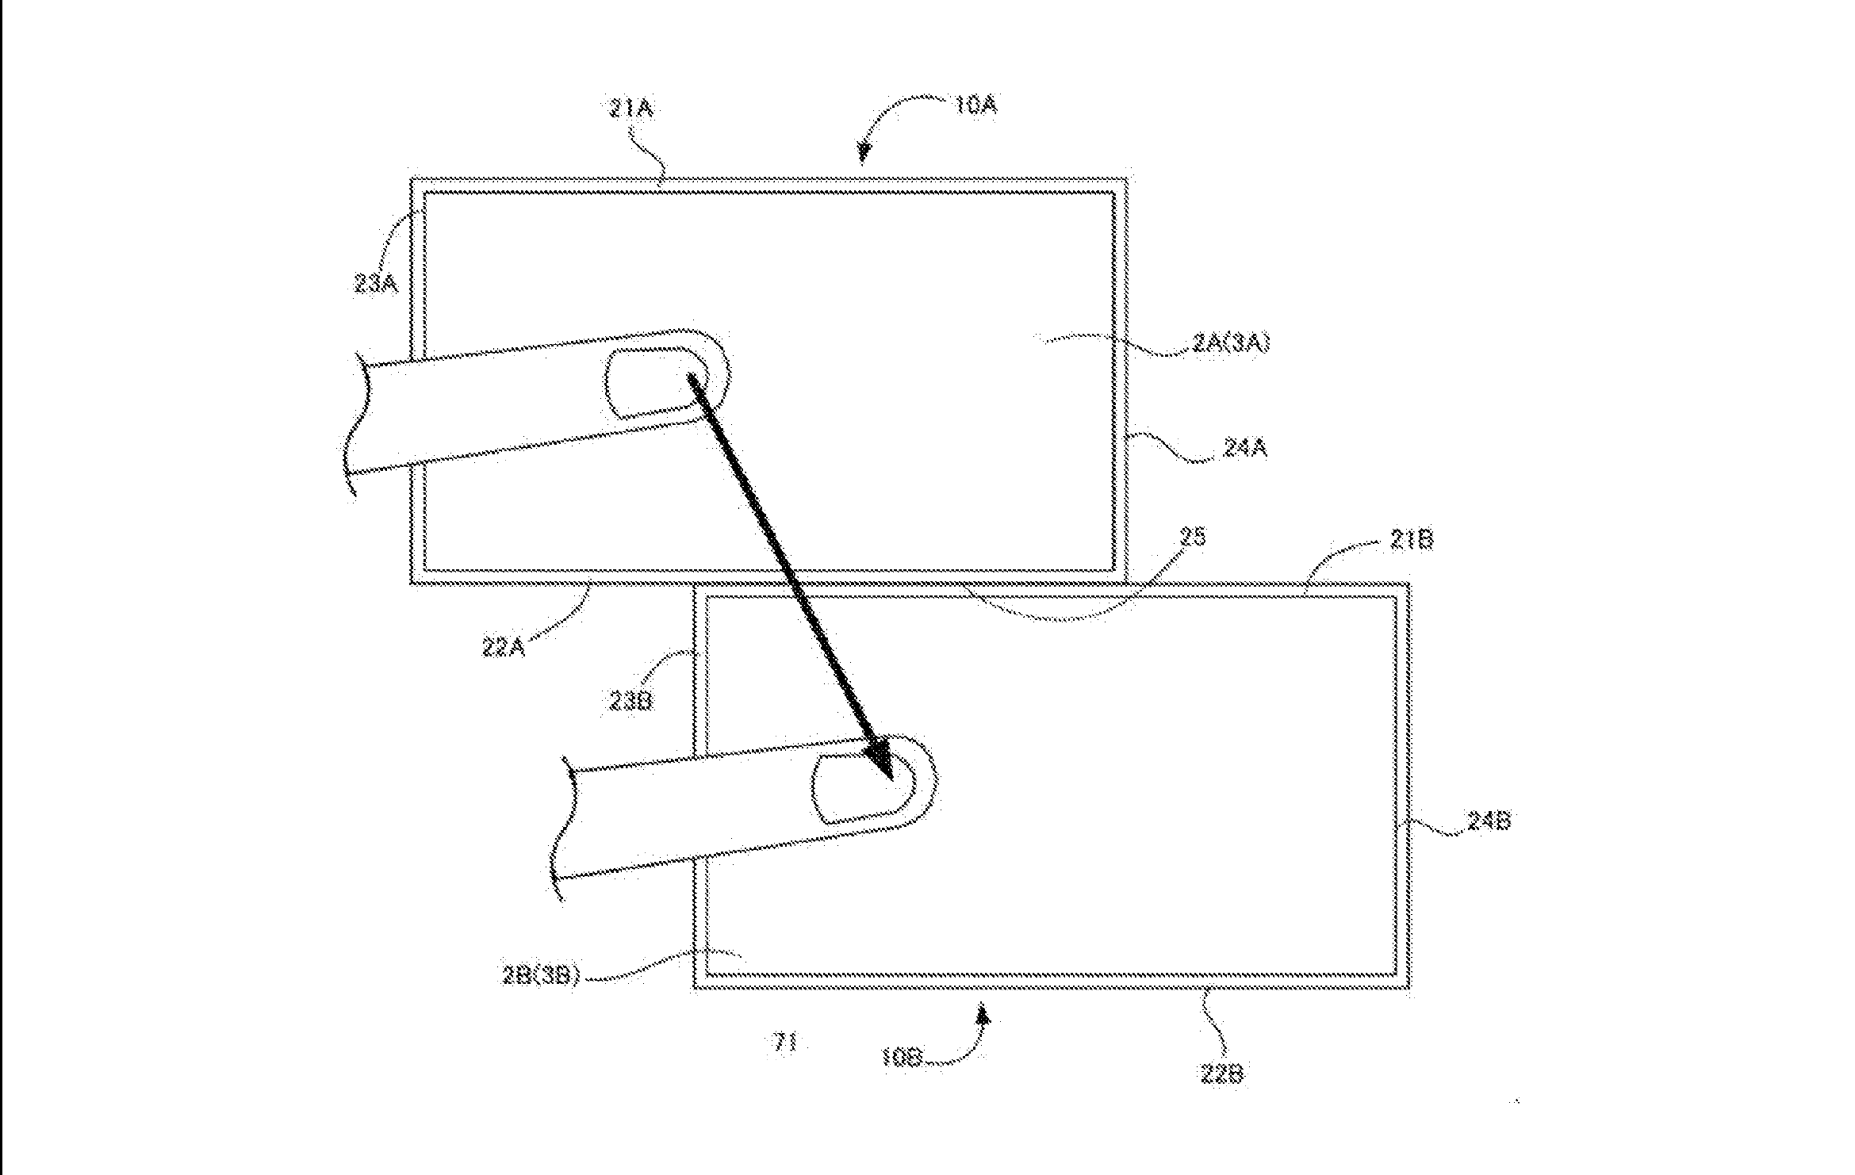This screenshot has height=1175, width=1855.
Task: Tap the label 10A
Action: click(x=974, y=105)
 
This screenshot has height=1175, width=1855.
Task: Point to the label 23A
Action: click(x=376, y=283)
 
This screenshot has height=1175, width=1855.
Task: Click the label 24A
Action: click(x=1244, y=449)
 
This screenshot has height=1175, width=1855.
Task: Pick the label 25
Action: click(x=1192, y=538)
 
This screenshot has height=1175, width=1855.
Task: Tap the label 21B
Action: click(x=1411, y=541)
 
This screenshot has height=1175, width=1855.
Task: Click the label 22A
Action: click(x=504, y=647)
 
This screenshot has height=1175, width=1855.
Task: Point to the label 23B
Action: click(x=631, y=701)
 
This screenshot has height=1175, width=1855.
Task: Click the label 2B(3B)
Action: click(x=542, y=975)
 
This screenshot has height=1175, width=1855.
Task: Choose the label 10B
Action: click(x=901, y=1058)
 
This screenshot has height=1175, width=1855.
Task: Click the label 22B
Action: click(x=1221, y=1074)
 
